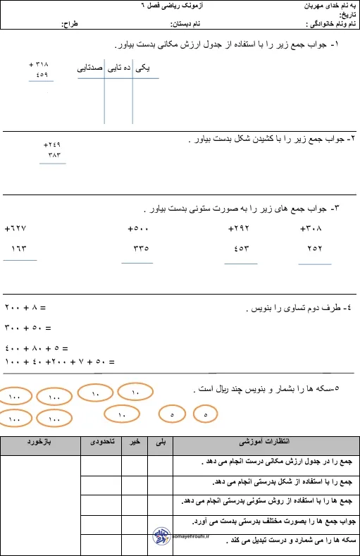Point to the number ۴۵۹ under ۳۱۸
[x=41, y=74]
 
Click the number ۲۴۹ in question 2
[x=53, y=144]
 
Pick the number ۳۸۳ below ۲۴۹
[x=54, y=154]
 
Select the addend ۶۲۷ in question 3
[x=15, y=229]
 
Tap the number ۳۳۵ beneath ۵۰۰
[x=140, y=248]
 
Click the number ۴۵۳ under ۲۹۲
[x=240, y=248]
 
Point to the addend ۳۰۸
[x=311, y=229]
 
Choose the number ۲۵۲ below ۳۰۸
[x=314, y=248]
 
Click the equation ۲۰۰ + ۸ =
[x=25, y=308]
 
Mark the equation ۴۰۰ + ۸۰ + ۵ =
[x=36, y=348]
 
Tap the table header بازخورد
[x=39, y=442]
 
